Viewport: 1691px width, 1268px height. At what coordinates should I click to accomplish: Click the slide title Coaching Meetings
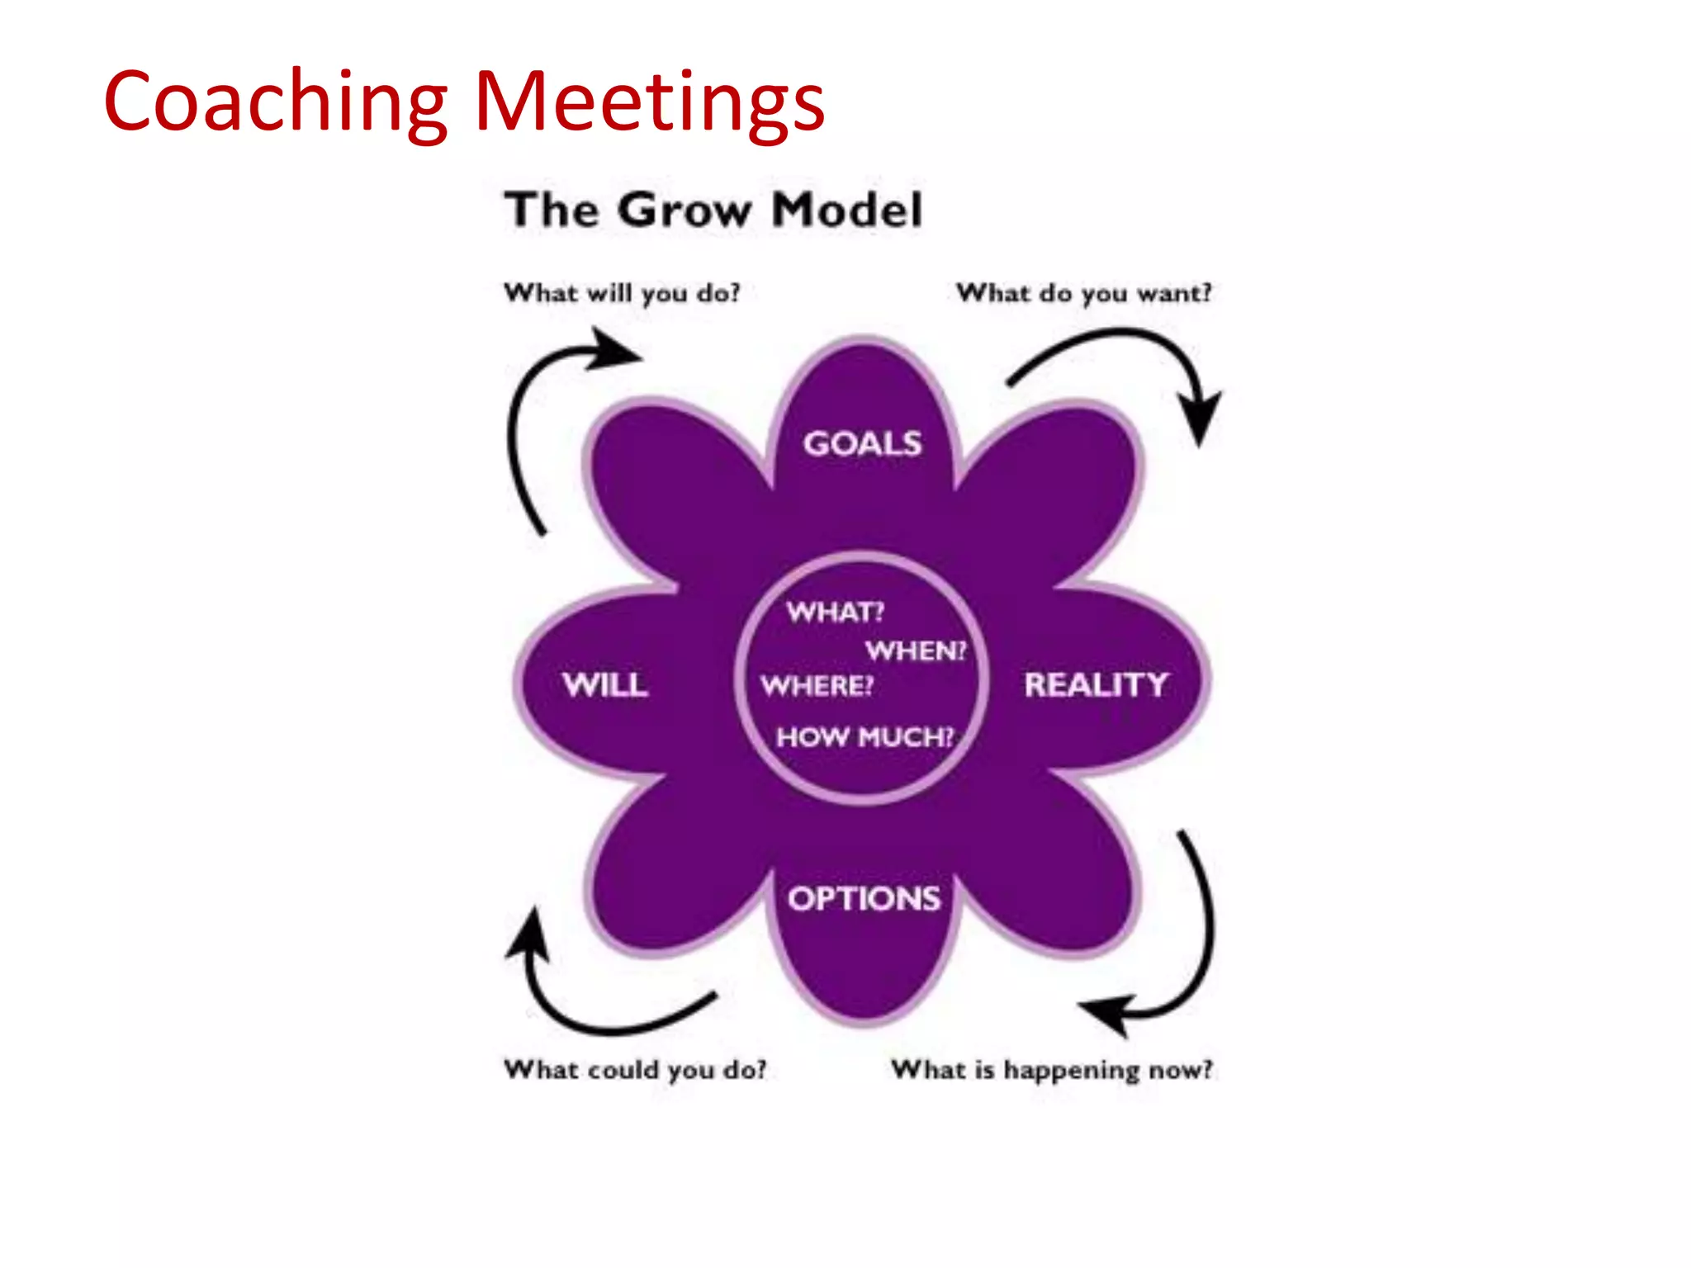pyautogui.click(x=463, y=101)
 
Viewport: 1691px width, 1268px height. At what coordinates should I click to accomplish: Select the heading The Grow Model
pyautogui.click(x=713, y=210)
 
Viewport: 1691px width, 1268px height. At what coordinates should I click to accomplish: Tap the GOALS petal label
pyautogui.click(x=862, y=444)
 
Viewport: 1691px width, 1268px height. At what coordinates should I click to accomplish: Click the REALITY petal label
pyautogui.click(x=1096, y=685)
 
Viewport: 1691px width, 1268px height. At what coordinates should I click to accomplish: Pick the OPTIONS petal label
pyautogui.click(x=864, y=898)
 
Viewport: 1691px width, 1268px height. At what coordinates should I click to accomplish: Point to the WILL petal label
pyautogui.click(x=605, y=685)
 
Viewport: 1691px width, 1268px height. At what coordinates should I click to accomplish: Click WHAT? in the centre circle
pyautogui.click(x=835, y=612)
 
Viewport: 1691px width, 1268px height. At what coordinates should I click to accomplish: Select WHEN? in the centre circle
pyautogui.click(x=915, y=651)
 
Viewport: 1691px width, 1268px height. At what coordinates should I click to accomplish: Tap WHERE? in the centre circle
pyautogui.click(x=817, y=686)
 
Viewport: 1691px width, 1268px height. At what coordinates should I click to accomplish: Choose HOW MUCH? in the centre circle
pyautogui.click(x=864, y=736)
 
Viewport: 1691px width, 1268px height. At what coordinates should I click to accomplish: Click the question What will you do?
pyautogui.click(x=622, y=293)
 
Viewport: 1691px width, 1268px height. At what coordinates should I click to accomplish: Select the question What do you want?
pyautogui.click(x=1083, y=293)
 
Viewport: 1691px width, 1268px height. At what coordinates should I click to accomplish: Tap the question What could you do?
pyautogui.click(x=635, y=1070)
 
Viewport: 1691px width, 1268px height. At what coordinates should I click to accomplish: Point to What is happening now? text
pyautogui.click(x=1052, y=1070)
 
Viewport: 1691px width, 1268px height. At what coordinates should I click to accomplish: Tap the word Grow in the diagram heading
pyautogui.click(x=684, y=210)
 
